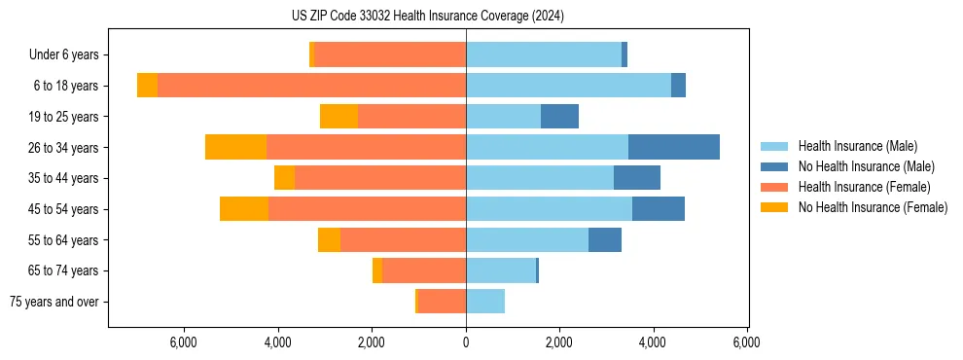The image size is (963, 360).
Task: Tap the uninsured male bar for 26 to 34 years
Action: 674,147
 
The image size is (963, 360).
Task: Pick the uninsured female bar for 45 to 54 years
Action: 244,209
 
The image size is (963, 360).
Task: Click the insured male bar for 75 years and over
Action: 485,302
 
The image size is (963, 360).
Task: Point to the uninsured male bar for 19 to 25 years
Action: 559,117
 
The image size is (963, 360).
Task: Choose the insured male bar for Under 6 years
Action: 544,54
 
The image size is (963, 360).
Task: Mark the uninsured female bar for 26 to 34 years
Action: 235,147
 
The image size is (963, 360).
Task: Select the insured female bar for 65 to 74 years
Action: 424,270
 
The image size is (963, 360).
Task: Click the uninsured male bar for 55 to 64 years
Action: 605,239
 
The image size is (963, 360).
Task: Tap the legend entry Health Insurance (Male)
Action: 857,146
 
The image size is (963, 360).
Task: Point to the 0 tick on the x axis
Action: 466,342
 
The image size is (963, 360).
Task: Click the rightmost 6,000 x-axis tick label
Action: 746,342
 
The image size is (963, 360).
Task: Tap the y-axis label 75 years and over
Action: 53,302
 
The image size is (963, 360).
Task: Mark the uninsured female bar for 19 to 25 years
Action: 339,117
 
